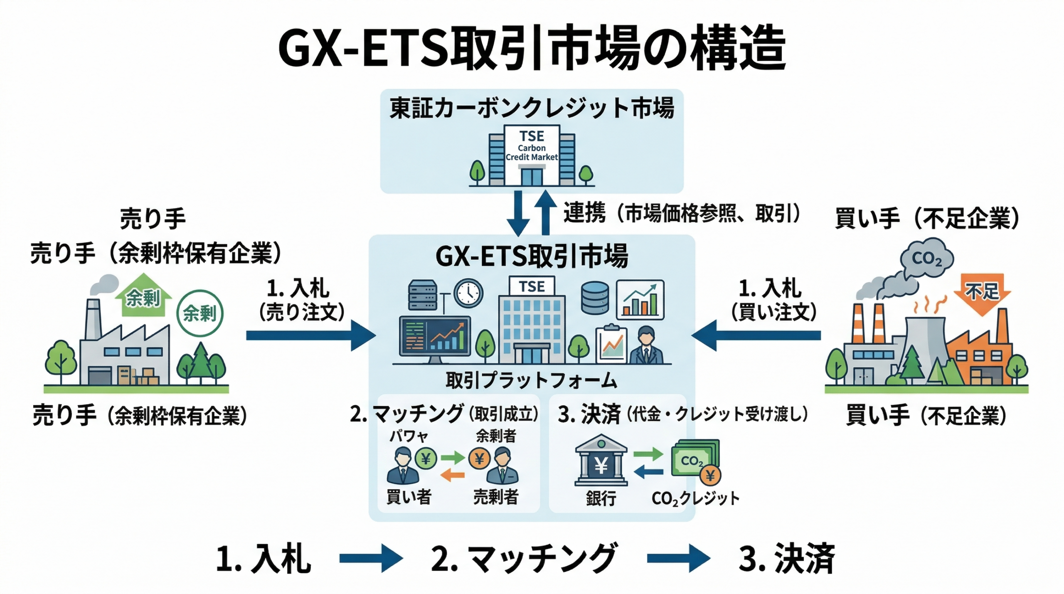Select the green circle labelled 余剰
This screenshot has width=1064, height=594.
[200, 313]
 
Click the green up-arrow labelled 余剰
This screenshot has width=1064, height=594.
[143, 296]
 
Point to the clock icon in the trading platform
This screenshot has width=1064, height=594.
[468, 293]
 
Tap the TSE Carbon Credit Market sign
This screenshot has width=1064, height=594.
[532, 146]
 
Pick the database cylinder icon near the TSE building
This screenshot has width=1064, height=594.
[595, 298]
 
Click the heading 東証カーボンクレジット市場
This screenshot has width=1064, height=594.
[532, 108]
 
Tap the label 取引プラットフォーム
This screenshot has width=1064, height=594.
[532, 380]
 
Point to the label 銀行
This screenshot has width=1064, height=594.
[601, 498]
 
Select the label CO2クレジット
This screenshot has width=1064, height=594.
[695, 498]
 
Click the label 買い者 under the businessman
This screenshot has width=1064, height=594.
[409, 497]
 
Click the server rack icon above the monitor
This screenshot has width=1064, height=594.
[423, 295]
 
